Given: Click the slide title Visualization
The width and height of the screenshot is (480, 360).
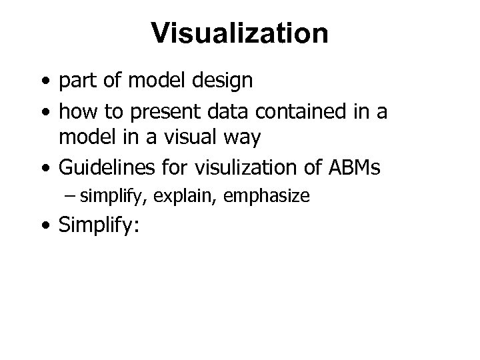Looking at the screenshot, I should (239, 33).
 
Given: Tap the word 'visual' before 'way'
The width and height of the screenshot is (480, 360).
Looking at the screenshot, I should (191, 139).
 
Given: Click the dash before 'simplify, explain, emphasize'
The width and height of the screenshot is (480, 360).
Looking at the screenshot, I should (71, 196).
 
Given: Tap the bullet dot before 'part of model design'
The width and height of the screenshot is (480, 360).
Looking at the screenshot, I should (44, 82).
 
